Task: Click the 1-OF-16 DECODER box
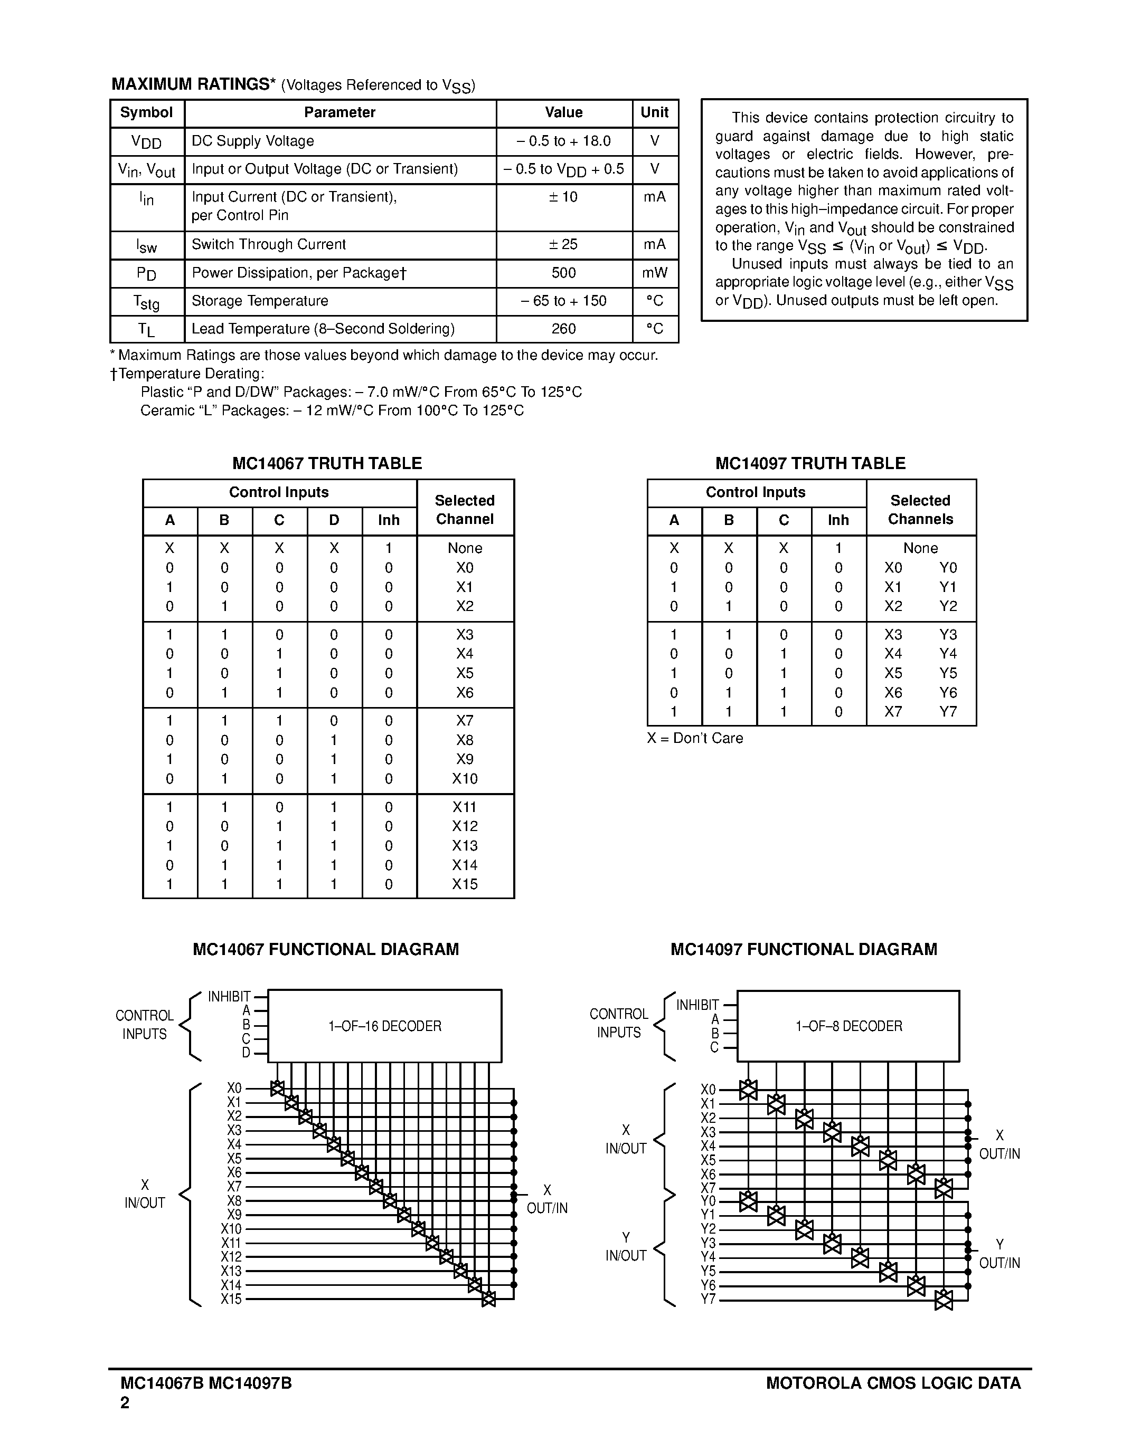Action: pyautogui.click(x=384, y=1026)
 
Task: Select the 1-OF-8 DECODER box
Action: pyautogui.click(x=848, y=1026)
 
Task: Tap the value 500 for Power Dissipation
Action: pyautogui.click(x=564, y=273)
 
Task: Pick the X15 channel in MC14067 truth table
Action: pyautogui.click(x=465, y=884)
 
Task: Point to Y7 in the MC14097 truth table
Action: pyautogui.click(x=948, y=712)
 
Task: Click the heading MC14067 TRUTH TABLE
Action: pyautogui.click(x=327, y=463)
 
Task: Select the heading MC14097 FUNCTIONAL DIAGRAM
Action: pyautogui.click(x=804, y=949)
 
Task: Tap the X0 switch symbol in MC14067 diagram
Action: pyautogui.click(x=277, y=1088)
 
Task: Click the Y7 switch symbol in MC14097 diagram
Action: pyautogui.click(x=943, y=1300)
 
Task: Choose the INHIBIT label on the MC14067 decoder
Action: pyautogui.click(x=229, y=997)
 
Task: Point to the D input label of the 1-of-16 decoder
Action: pyautogui.click(x=246, y=1053)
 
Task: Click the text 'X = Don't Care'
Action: pyautogui.click(x=695, y=738)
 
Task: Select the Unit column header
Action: pyautogui.click(x=654, y=112)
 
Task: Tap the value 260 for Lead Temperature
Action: pyautogui.click(x=564, y=329)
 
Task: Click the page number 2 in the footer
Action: pyautogui.click(x=125, y=1402)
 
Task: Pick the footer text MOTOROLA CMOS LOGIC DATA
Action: pyautogui.click(x=893, y=1383)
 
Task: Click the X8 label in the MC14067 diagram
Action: pyautogui.click(x=234, y=1200)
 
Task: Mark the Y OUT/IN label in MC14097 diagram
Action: pyautogui.click(x=999, y=1254)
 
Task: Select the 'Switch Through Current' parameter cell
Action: pyautogui.click(x=269, y=244)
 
